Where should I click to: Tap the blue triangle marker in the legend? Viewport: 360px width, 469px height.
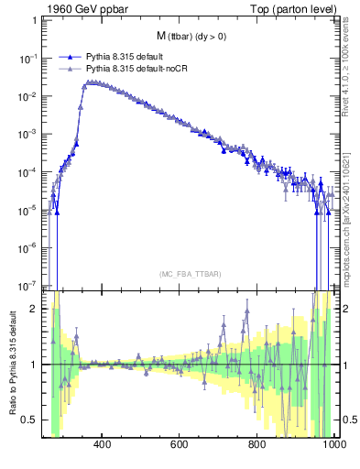(x=66, y=57)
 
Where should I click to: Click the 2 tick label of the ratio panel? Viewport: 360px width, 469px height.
(x=36, y=308)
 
